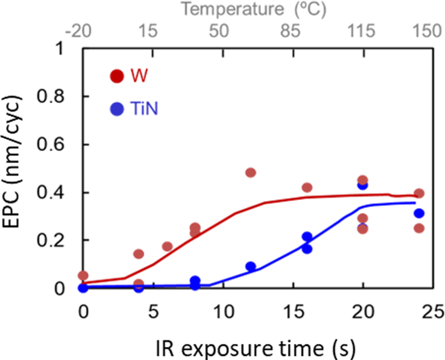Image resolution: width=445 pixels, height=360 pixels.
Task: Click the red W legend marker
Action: click(x=117, y=76)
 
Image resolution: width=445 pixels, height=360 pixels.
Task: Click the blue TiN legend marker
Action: click(x=117, y=109)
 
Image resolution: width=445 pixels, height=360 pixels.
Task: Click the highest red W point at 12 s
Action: click(x=250, y=172)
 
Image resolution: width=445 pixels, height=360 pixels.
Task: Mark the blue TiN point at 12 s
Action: click(x=250, y=267)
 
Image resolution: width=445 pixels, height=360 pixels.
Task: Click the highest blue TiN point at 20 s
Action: click(x=363, y=185)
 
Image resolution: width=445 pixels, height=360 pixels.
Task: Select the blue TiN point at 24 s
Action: click(x=419, y=213)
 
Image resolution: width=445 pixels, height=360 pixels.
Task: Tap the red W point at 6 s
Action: click(x=167, y=246)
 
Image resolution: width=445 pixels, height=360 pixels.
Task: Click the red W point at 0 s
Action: click(x=83, y=276)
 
